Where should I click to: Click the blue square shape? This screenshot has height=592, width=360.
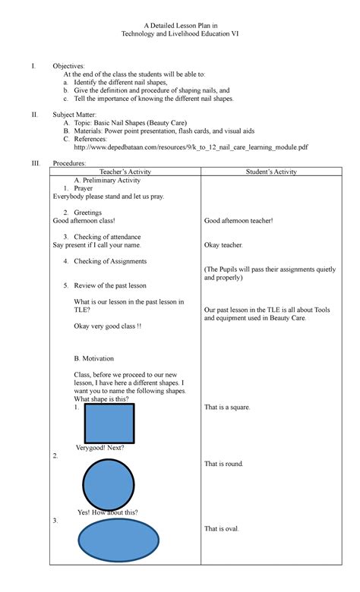[x=109, y=424]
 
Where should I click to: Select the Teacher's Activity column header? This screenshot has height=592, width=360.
[x=125, y=172]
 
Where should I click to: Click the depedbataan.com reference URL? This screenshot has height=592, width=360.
[x=186, y=147]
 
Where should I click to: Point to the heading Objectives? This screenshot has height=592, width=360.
[x=68, y=67]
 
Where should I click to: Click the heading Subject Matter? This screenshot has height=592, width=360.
[x=75, y=114]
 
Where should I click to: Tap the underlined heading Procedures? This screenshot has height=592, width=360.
[x=69, y=164]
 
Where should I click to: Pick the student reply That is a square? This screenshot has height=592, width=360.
[x=227, y=408]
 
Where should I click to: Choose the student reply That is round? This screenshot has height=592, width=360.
[x=224, y=464]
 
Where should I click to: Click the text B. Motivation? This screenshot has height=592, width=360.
[x=94, y=358]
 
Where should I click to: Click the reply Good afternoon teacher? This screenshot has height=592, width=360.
[x=238, y=221]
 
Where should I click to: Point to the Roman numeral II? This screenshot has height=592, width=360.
[x=33, y=114]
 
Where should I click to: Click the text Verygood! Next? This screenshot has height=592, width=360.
[x=100, y=448]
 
